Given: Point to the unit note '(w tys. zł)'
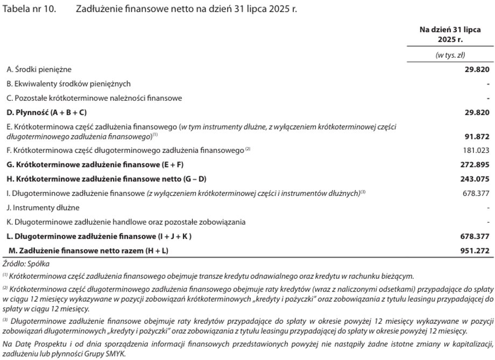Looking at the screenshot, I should point(449,55).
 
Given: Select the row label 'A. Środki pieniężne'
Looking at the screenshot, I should point(39,69).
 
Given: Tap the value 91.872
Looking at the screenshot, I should point(477,136).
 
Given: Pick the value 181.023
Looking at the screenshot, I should point(477,150).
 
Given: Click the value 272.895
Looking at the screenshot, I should point(477,164).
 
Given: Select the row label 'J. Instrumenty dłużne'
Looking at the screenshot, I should point(43,207).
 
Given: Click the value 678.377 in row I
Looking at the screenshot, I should point(477,193).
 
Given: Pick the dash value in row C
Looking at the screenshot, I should point(487,98).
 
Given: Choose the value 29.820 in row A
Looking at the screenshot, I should point(477,69).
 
